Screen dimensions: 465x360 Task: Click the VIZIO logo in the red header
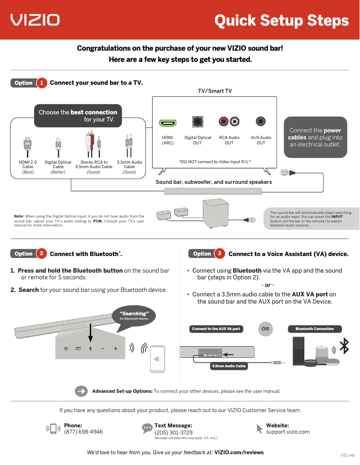coord(35,20)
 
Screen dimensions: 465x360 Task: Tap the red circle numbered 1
coord(41,83)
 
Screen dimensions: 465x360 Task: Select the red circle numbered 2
coord(41,254)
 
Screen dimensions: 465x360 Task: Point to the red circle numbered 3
coord(220,254)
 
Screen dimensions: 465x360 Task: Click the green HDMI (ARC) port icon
coord(168,123)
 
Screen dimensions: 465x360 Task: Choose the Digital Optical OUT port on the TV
coord(198,122)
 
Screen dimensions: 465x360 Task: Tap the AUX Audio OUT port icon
coord(261,122)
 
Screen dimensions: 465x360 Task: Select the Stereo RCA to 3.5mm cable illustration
coord(93,144)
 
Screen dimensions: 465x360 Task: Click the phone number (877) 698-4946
coord(83,432)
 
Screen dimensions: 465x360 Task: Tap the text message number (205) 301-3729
coord(174,433)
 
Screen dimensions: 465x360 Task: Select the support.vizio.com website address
coord(288,432)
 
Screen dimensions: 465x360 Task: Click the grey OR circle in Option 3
coord(265,329)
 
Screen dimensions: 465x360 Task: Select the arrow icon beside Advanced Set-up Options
coord(81,391)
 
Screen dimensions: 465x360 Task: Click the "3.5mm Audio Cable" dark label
coord(229,366)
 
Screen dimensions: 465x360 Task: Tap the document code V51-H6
coord(347,455)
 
